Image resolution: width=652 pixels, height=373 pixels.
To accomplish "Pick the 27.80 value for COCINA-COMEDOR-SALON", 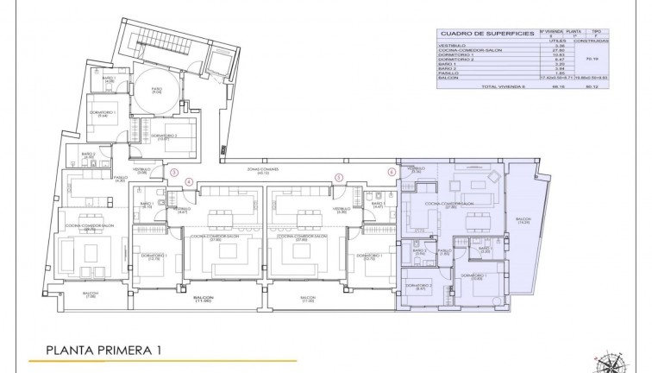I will pyautogui.click(x=556, y=51).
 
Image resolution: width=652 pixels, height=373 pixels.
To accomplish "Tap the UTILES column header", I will pyautogui.click(x=556, y=41).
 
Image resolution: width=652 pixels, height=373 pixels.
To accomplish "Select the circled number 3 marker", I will pyautogui.click(x=175, y=172).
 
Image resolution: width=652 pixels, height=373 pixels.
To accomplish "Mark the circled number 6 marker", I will pyautogui.click(x=392, y=172).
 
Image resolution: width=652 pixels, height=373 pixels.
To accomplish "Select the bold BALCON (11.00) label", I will pyautogui.click(x=204, y=298).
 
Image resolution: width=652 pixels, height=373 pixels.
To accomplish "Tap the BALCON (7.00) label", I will pyautogui.click(x=90, y=295).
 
